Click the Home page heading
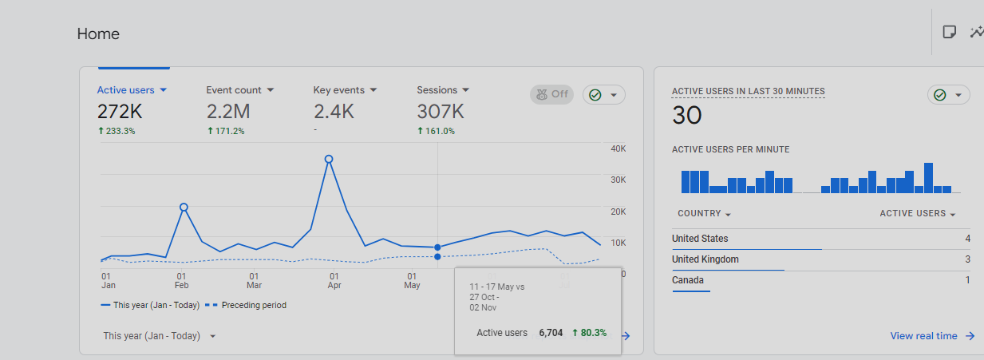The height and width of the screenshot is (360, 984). [98, 34]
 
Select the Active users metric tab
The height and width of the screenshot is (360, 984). [132, 90]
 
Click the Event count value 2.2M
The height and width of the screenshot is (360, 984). [228, 112]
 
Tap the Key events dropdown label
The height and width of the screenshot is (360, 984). [345, 90]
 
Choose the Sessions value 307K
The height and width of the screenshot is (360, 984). [441, 112]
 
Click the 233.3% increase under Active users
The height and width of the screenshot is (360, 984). [117, 131]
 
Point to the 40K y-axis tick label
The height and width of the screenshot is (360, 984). [618, 148]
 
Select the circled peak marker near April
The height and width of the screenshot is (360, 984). [329, 160]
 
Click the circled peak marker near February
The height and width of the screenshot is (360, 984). [184, 207]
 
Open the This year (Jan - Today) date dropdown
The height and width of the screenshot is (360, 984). [160, 336]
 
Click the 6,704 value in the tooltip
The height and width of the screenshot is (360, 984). [551, 333]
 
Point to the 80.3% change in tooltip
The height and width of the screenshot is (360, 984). [590, 333]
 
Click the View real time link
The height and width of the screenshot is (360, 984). [931, 336]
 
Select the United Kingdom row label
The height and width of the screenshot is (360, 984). [705, 259]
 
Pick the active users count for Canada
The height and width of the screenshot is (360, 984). [967, 280]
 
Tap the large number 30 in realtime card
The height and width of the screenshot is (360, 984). [687, 116]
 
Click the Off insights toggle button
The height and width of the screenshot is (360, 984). [551, 94]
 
